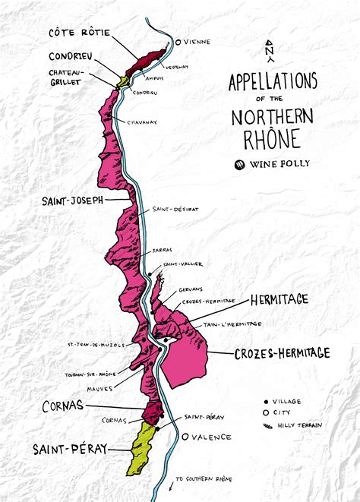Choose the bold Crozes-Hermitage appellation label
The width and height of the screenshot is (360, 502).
(x=281, y=353)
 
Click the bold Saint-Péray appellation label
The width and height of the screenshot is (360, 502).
(x=70, y=449)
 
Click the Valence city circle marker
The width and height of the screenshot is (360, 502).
(x=185, y=437)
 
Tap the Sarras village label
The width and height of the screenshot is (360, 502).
(x=160, y=248)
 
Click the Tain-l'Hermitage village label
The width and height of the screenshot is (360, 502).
(x=232, y=324)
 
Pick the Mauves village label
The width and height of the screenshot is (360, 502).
(x=99, y=389)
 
